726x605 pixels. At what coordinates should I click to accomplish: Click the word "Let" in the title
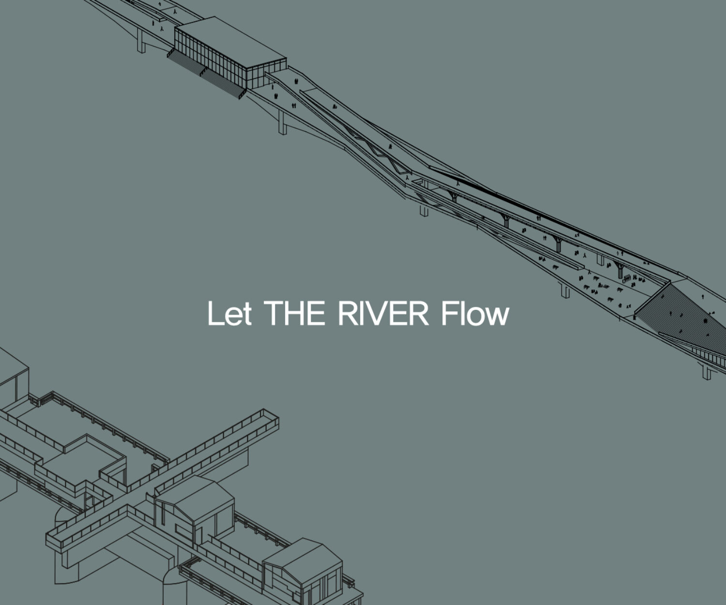coord(229,314)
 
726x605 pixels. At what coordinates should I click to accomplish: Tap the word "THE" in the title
coord(295,313)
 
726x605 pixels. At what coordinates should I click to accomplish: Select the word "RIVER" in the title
coord(383,313)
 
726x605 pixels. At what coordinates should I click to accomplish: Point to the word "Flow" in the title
coord(475,314)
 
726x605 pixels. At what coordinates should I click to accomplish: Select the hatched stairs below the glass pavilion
coord(203,73)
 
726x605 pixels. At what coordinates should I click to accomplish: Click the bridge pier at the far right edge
coord(707,372)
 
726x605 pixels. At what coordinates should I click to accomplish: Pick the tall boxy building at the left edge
coord(12,373)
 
